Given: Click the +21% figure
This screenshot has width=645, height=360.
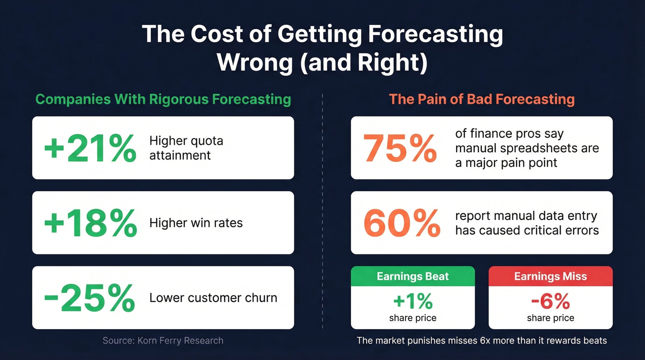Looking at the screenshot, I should pos(90,148).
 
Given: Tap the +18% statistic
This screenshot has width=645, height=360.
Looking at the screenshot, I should pos(90,223).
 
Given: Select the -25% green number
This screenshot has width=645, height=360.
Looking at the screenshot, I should pos(89,298).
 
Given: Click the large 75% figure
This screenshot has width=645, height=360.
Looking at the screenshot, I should pos(400,148).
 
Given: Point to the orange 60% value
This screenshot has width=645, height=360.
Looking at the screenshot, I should pos(401,223).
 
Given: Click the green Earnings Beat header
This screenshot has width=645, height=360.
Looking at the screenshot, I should pos(412,277).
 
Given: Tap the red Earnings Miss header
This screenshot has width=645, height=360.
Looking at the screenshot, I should pos(550,277).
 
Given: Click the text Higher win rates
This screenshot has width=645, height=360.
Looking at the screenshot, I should pos(196,223).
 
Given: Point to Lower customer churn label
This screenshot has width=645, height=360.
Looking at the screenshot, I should pos(213,298).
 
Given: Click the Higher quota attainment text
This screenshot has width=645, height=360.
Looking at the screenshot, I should pos(186,148).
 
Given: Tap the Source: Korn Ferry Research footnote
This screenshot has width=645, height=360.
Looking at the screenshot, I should pos(163,341).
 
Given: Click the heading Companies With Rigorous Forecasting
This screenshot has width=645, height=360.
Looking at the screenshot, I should pos(163,99).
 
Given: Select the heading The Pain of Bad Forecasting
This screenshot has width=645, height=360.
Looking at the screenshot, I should pos(481,99).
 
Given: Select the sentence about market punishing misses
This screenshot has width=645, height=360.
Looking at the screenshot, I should pos(481,341).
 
